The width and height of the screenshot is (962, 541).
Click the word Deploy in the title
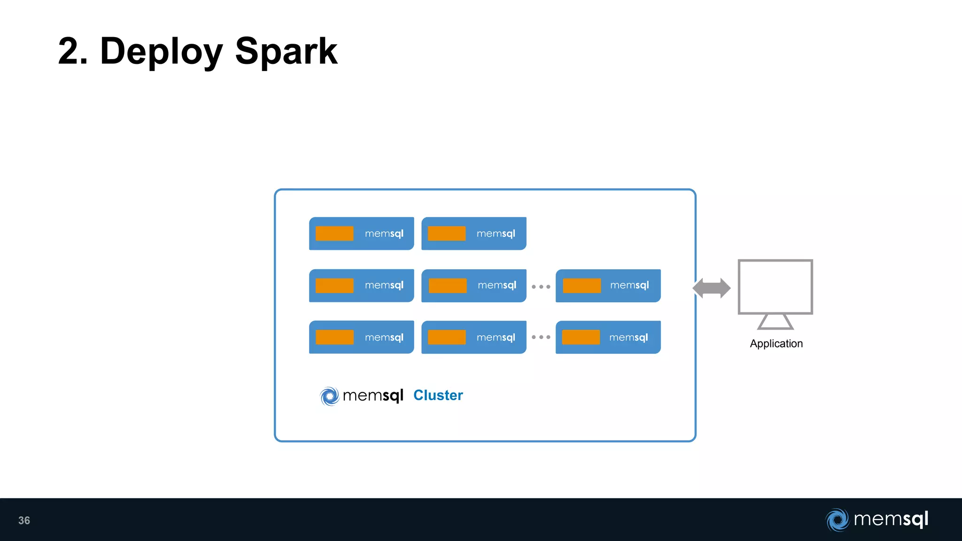(x=161, y=52)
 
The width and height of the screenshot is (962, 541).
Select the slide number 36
(x=24, y=520)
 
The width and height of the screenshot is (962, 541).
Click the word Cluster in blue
(x=438, y=395)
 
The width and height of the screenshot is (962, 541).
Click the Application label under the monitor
(x=776, y=344)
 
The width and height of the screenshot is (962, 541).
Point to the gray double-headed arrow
(x=711, y=288)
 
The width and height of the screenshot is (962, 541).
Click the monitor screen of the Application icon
(x=775, y=286)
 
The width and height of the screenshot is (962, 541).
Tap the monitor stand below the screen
(x=775, y=322)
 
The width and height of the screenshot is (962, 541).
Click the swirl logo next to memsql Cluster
(x=329, y=396)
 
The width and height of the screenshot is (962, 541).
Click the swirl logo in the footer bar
(x=837, y=520)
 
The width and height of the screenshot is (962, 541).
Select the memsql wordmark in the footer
(x=891, y=519)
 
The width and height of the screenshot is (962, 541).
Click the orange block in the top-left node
(x=334, y=233)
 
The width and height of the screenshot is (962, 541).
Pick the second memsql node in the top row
(x=473, y=233)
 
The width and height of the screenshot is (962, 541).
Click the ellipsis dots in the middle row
(x=541, y=286)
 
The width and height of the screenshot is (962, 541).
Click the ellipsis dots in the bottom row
(x=541, y=337)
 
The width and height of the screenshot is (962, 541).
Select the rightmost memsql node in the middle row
(x=608, y=286)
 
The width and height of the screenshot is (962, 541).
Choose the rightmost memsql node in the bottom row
(x=608, y=337)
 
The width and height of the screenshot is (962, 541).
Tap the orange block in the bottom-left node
(x=334, y=337)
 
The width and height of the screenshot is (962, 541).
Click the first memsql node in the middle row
(x=361, y=286)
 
